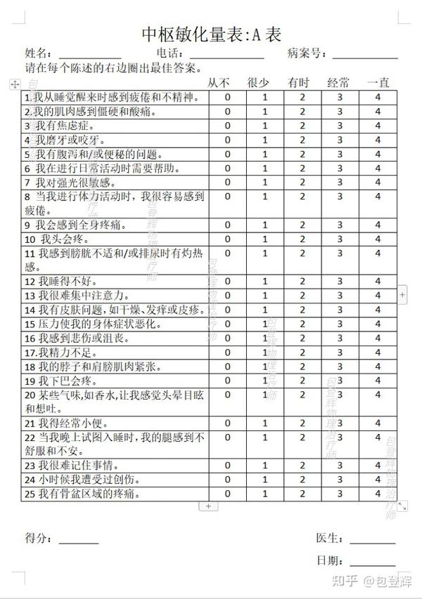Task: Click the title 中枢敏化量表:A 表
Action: point(212,34)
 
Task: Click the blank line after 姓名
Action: point(89,55)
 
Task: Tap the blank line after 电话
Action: point(227,55)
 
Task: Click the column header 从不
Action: point(218,83)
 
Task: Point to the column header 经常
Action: point(339,83)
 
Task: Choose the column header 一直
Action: point(378,83)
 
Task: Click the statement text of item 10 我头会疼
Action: point(53,239)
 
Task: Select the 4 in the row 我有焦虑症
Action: point(378,126)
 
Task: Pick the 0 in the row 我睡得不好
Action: point(227,282)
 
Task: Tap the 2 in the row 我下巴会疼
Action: point(302,381)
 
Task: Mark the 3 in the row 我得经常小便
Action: point(340,423)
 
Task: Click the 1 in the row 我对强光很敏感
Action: point(265,183)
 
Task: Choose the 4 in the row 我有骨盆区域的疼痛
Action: point(378,494)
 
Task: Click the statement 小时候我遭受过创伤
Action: point(82,480)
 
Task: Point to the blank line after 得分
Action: point(78,541)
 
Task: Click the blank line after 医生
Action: point(372,541)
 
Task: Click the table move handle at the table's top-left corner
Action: point(13,84)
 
